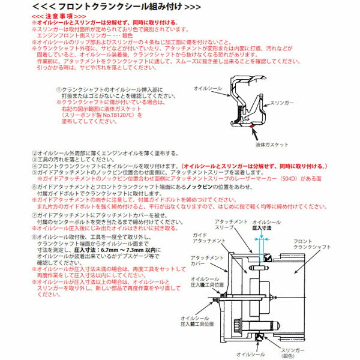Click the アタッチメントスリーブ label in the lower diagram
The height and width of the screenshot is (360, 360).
[230, 225]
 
